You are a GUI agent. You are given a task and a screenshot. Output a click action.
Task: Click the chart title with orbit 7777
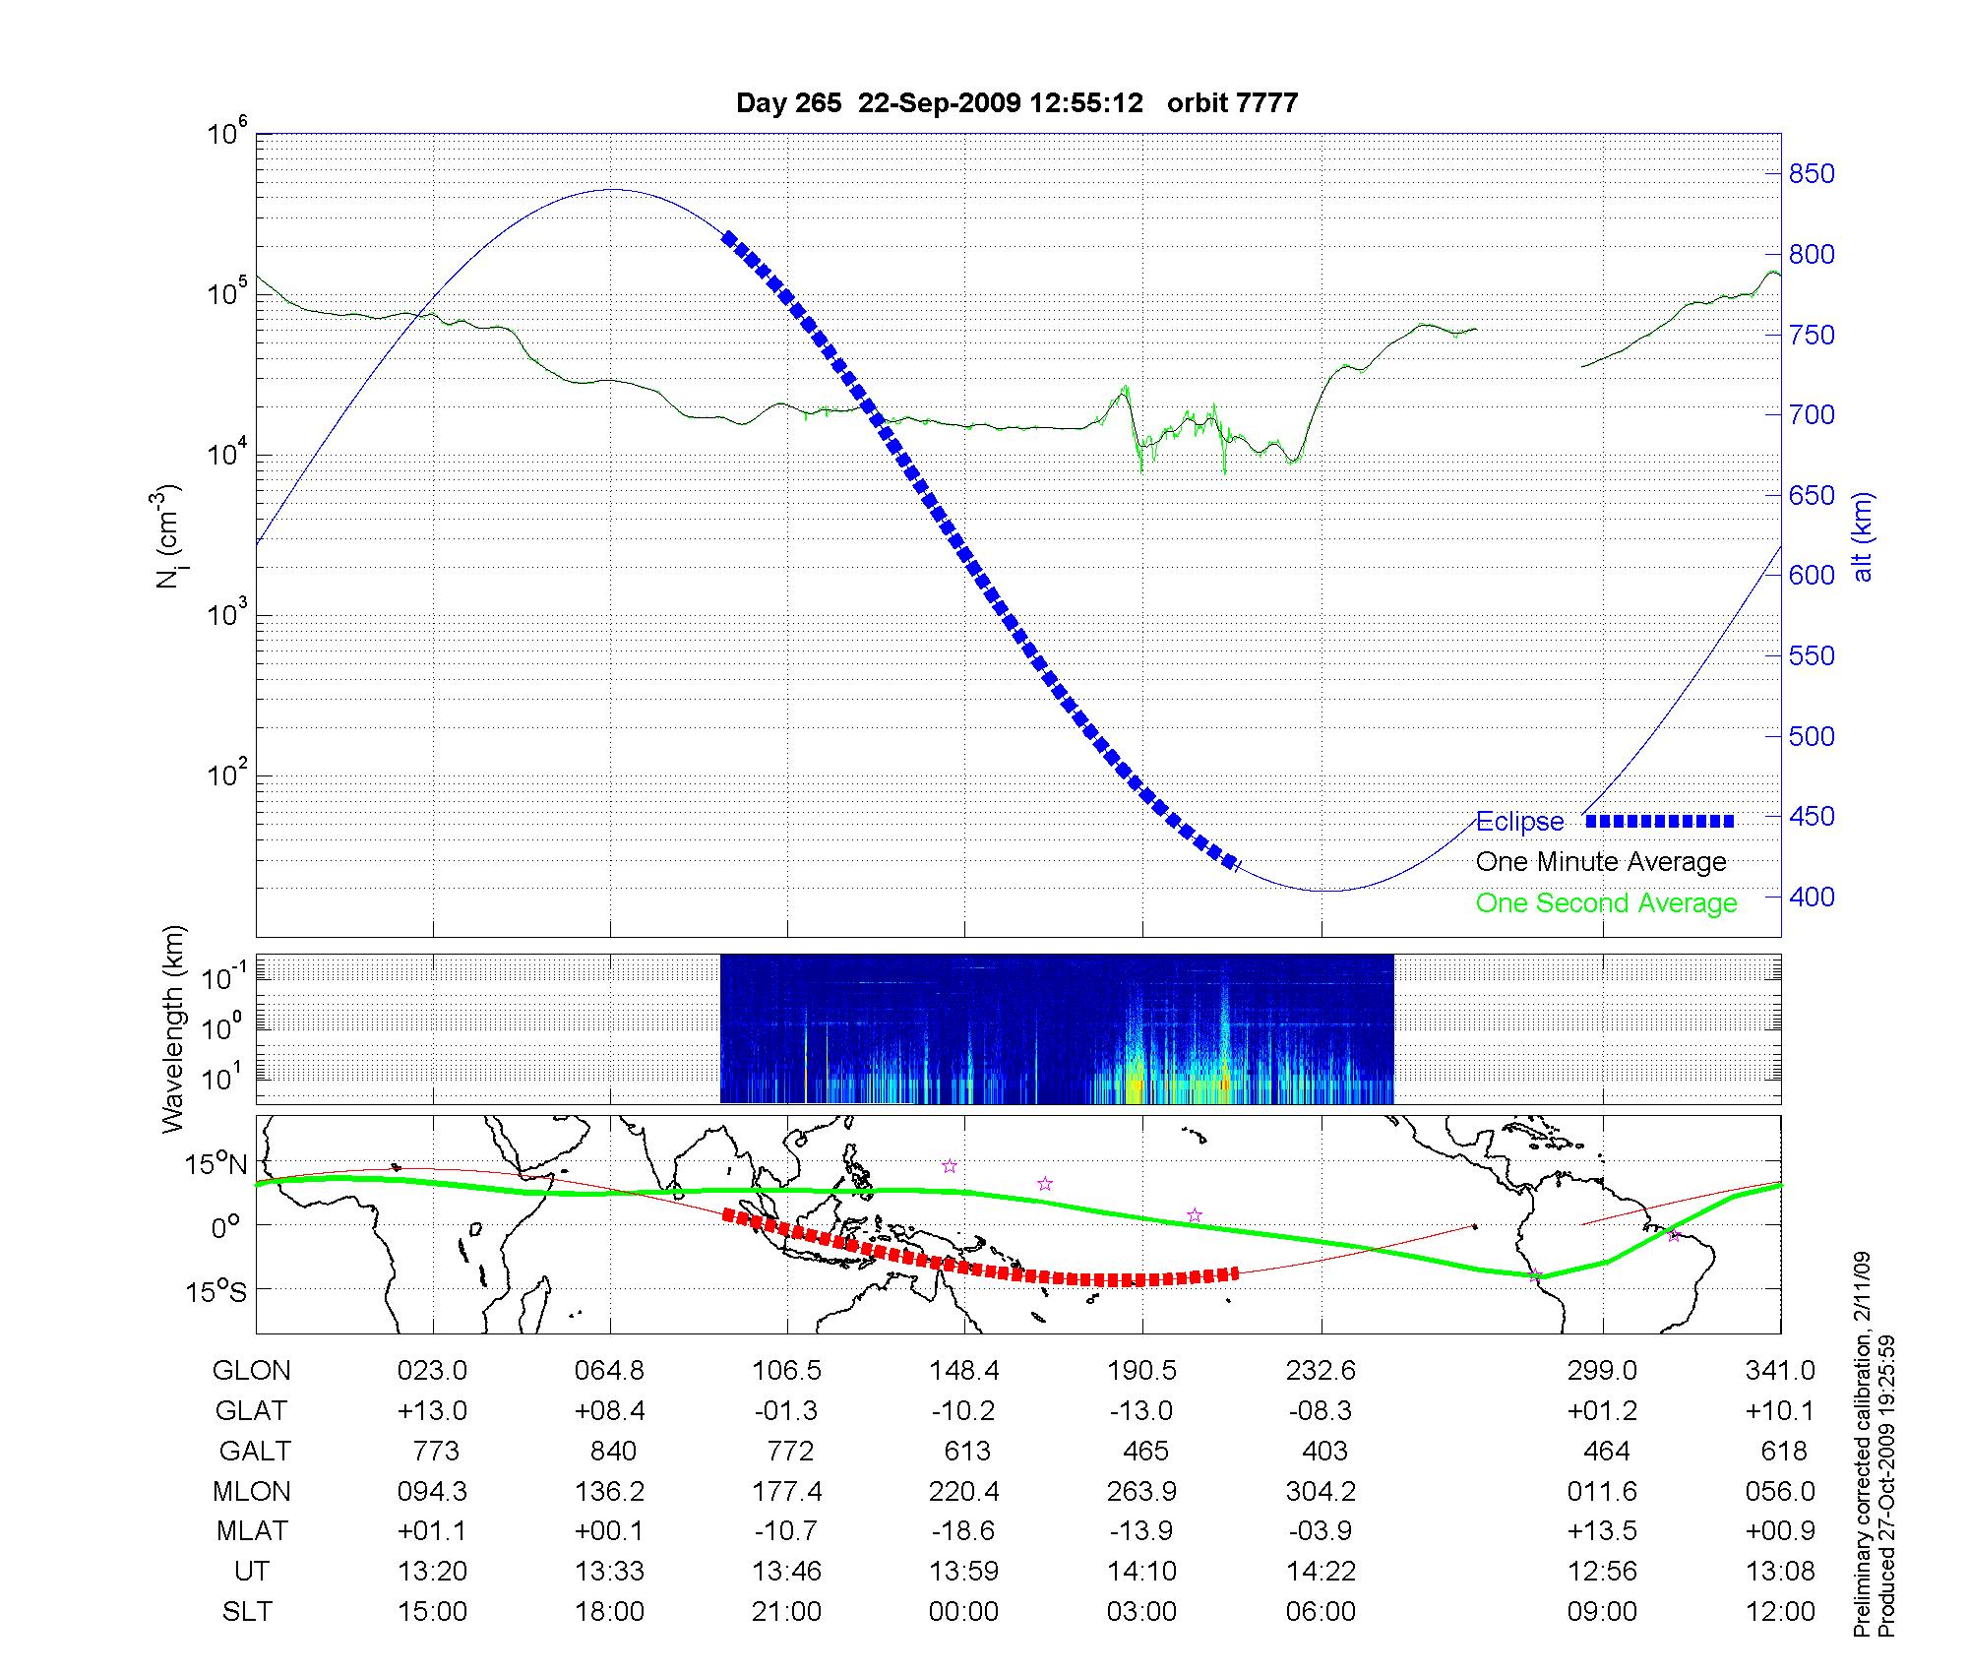(1016, 103)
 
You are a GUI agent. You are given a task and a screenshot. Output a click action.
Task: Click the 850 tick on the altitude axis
(1811, 174)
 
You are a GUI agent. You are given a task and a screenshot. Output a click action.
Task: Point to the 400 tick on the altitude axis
(1811, 897)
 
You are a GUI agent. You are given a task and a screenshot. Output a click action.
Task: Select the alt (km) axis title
(1863, 536)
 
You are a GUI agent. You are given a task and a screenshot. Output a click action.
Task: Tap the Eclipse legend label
(1519, 822)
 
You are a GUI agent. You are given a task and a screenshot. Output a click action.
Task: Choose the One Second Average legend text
(1606, 903)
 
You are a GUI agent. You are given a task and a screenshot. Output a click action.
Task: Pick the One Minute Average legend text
(1601, 862)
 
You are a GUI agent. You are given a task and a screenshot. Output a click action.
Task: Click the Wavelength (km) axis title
(174, 1028)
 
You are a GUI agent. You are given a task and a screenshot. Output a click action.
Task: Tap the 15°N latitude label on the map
(217, 1164)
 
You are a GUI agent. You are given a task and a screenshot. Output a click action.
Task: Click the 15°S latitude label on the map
(217, 1290)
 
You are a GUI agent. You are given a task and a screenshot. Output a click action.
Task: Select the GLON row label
(251, 1370)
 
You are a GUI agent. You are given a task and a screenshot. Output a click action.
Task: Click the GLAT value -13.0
(1141, 1410)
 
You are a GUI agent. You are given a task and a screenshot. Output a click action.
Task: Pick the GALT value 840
(612, 1451)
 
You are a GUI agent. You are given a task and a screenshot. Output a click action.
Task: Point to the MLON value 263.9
(1141, 1491)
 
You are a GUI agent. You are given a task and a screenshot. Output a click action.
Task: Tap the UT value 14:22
(1321, 1572)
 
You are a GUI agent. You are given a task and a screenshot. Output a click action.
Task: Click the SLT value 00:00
(963, 1612)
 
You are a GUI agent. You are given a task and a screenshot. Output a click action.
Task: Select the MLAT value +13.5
(1602, 1531)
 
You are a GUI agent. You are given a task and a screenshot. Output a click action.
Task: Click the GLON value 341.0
(1780, 1370)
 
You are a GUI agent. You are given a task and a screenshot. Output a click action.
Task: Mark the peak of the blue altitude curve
(612, 190)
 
